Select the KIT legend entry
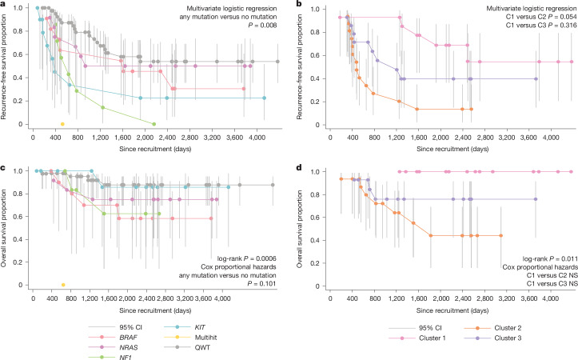pyautogui.click(x=185, y=327)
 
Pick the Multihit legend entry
pyautogui.click(x=190, y=337)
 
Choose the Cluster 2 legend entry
pyautogui.click(x=492, y=328)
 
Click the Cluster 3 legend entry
pyautogui.click(x=492, y=338)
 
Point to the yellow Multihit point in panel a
pyautogui.click(x=62, y=124)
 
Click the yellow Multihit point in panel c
pyautogui.click(x=63, y=285)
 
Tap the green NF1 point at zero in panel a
pyautogui.click(x=154, y=124)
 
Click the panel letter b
pyautogui.click(x=299, y=3)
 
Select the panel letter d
pyautogui.click(x=299, y=168)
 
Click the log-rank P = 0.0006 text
pyautogui.click(x=247, y=258)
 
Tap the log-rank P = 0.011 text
pyautogui.click(x=549, y=259)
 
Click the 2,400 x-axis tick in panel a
pyautogui.click(x=167, y=138)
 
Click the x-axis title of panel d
pyautogui.click(x=452, y=310)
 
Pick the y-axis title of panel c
pyautogui.click(x=4, y=228)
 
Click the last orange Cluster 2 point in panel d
pyautogui.click(x=500, y=235)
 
